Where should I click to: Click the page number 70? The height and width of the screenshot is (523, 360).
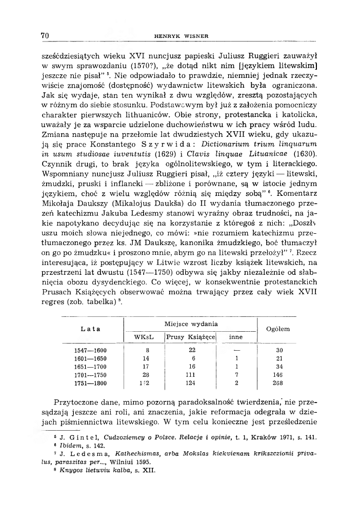(x=45, y=36)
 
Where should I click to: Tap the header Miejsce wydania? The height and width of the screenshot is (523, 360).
(x=190, y=324)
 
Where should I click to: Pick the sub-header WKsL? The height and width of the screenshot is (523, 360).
(x=144, y=337)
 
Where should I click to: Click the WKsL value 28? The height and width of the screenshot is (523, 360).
(x=145, y=375)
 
